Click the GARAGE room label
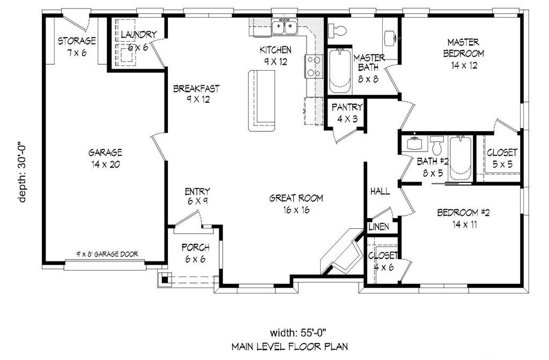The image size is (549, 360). pos(105,158)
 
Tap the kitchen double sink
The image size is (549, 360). pos(285,27)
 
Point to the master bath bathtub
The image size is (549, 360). pos(339,71)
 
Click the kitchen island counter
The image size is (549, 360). pos(262,100)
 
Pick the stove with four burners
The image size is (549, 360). pos(314,66)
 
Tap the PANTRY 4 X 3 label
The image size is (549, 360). pos(347,113)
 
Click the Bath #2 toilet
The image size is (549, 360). pos(436,145)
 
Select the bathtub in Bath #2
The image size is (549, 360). pos(461,158)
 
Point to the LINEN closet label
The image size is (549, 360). pos(379,227)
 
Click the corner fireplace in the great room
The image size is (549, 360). pos(342,252)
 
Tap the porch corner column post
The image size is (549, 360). pos(165,279)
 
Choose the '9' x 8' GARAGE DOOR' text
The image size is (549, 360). pos(107,254)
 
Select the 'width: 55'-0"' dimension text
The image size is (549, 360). pos(298,332)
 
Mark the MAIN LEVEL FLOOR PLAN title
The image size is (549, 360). pos(290,347)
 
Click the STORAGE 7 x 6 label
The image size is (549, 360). pos(77,47)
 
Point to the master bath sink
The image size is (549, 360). pos(391,38)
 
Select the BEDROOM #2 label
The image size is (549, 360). pos(463,219)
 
